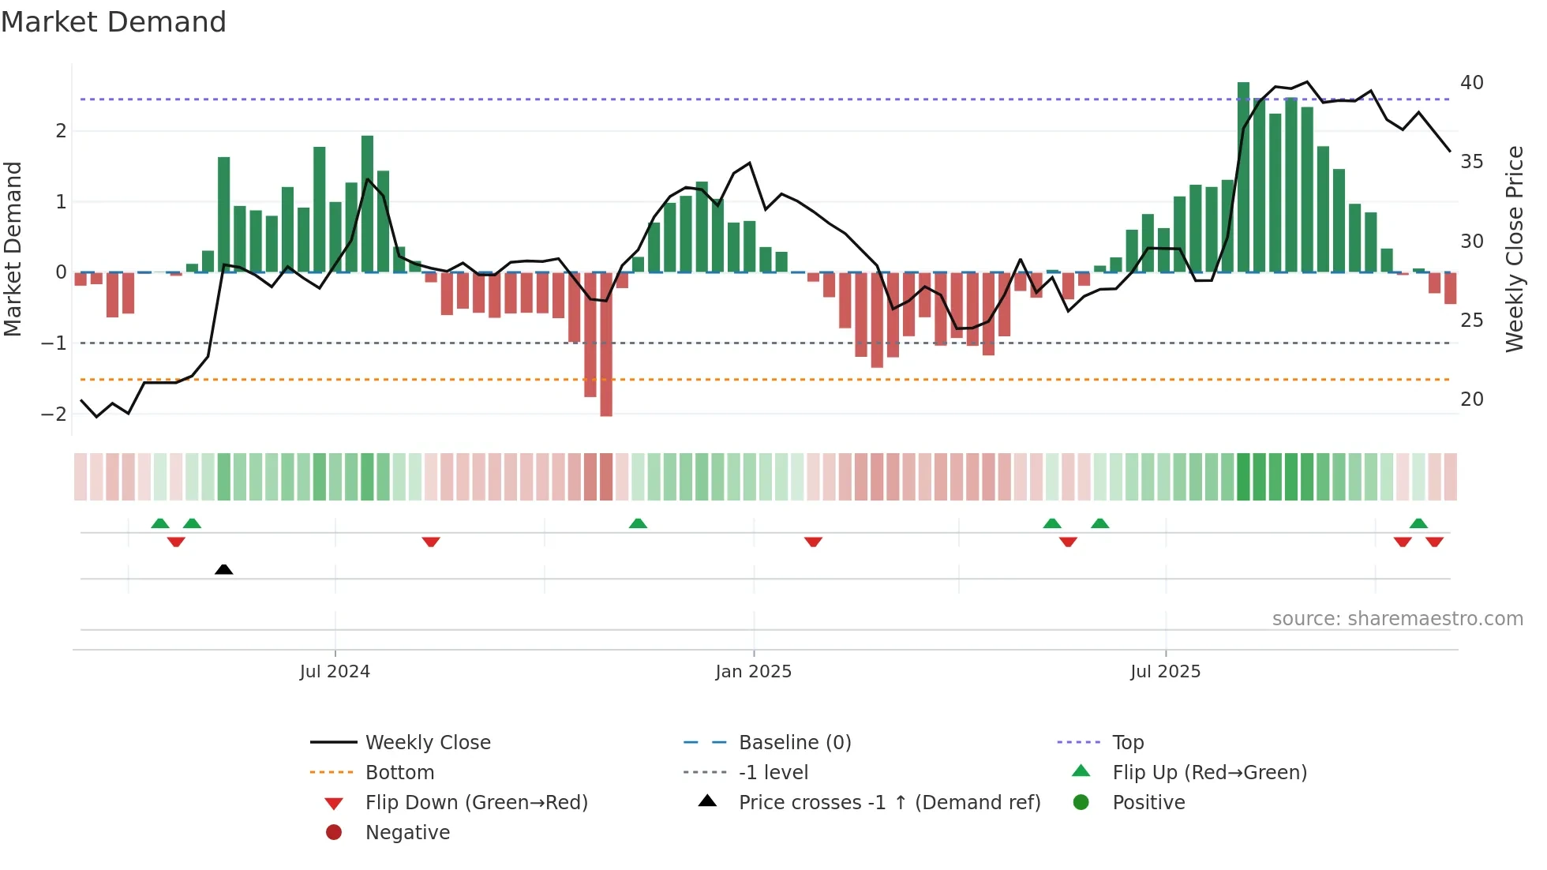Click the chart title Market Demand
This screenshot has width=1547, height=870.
(114, 22)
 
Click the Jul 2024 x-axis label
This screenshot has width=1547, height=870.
(335, 672)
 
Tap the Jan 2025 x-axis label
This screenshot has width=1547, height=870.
(753, 672)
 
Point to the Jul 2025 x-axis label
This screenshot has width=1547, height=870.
(1165, 672)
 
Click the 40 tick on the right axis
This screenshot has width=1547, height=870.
(1471, 83)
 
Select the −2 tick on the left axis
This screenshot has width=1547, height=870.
(54, 414)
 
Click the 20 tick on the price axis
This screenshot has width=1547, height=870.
(1471, 399)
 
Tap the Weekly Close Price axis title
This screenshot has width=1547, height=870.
(1514, 249)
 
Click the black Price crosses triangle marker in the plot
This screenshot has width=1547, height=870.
(224, 569)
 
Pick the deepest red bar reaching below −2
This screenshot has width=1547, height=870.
(606, 347)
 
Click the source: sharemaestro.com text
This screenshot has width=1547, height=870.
(1397, 619)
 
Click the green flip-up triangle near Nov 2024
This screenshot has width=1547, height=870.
(638, 523)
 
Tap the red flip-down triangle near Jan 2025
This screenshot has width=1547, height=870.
(813, 542)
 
